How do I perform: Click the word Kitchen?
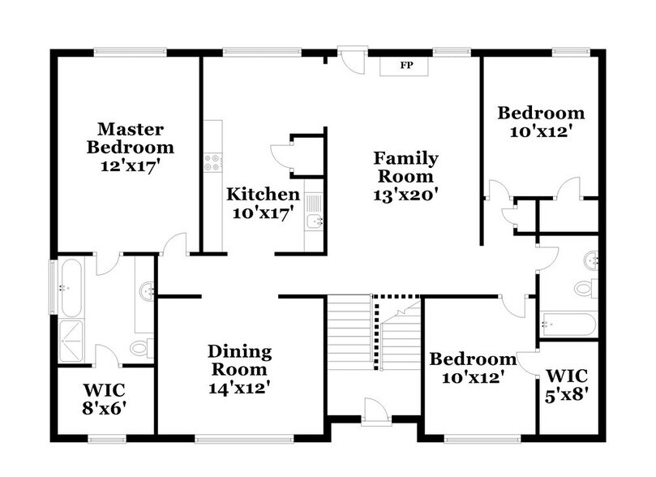tap(263, 195)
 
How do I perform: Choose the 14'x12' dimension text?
tap(239, 386)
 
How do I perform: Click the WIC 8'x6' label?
tap(105, 395)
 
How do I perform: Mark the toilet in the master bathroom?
tap(140, 350)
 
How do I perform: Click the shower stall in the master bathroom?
tap(76, 341)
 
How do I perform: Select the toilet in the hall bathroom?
tap(585, 287)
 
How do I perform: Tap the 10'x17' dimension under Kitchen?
tap(263, 213)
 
